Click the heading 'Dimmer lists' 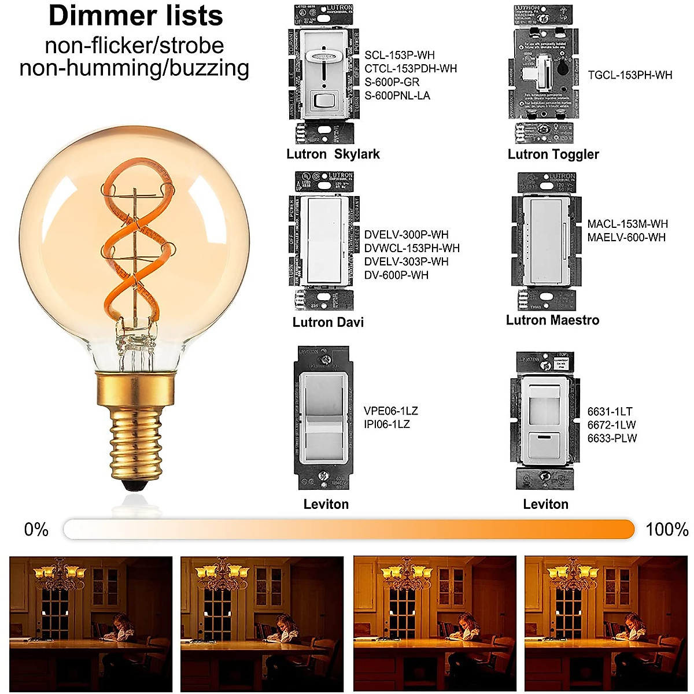[x=136, y=16]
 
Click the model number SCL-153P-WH [x=399, y=56]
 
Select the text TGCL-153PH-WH [x=630, y=75]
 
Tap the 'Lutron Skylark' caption [x=333, y=154]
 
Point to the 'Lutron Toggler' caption [x=553, y=154]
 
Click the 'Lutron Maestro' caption [x=552, y=320]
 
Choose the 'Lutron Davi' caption [x=328, y=322]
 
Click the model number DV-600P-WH [x=396, y=275]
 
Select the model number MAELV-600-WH [x=626, y=238]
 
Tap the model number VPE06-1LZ [x=390, y=411]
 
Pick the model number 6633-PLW [x=612, y=438]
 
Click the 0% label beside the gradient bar [x=36, y=530]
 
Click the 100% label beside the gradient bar [x=667, y=530]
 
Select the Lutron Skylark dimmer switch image [x=321, y=75]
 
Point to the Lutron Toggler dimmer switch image [x=542, y=75]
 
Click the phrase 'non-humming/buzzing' [x=134, y=68]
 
